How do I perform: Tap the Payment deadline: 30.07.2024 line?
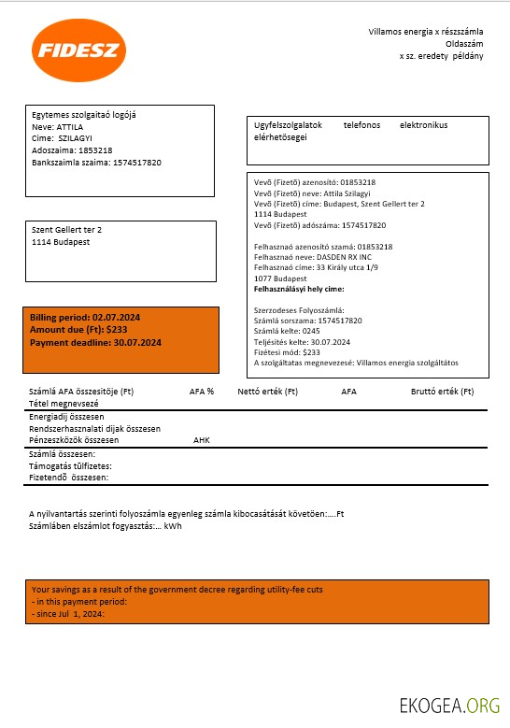tap(95, 343)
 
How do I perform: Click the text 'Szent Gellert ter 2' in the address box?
tap(67, 230)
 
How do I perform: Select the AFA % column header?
tap(202, 392)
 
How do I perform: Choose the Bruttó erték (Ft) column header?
tap(442, 392)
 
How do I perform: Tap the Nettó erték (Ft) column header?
tap(267, 392)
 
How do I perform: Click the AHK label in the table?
tap(202, 439)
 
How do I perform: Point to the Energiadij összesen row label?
tap(66, 417)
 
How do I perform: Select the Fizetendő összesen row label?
tap(69, 478)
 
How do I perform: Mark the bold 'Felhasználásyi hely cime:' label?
tap(299, 289)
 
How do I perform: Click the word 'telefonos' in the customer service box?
tap(361, 125)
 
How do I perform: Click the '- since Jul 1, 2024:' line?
tap(67, 614)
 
